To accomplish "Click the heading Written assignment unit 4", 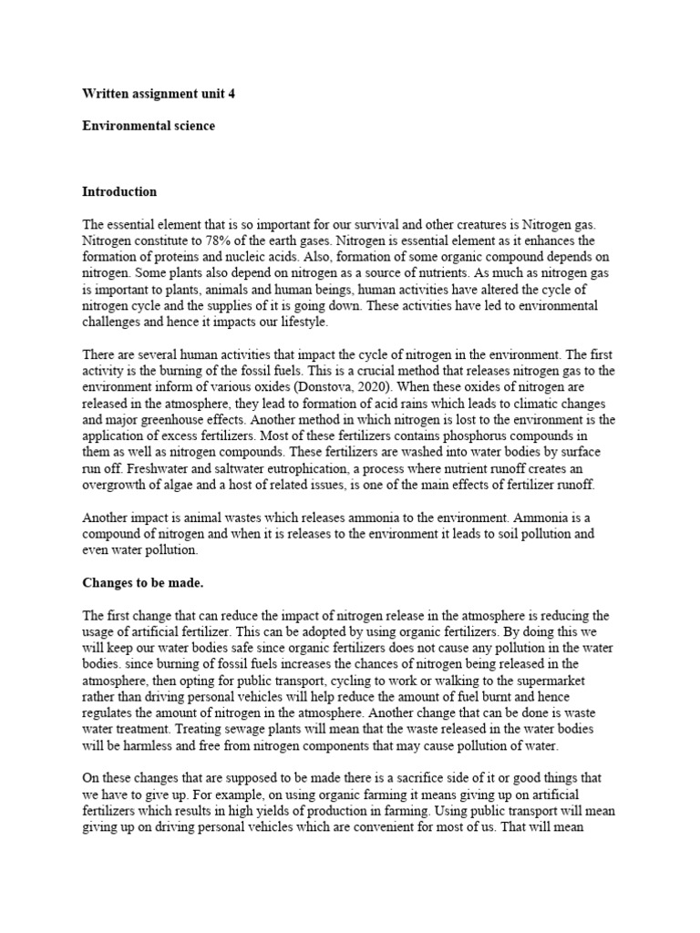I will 152,93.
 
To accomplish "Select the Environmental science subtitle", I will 149,126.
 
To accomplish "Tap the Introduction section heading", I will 119,191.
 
